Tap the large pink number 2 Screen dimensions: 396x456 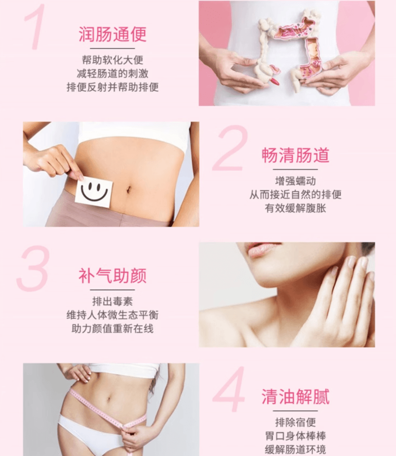(230, 148)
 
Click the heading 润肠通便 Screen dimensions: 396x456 (112, 34)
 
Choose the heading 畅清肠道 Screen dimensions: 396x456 (295, 155)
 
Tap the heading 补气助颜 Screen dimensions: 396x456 (112, 276)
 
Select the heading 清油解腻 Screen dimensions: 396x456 (295, 397)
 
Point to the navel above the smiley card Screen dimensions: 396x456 (128, 190)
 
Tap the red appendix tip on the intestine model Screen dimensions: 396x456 (275, 81)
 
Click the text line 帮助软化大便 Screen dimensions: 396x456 (112, 60)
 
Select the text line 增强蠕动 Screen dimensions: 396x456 (295, 181)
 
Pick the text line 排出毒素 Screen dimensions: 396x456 (112, 301)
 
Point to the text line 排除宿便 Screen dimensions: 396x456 (295, 422)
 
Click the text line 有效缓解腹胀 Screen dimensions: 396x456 (295, 208)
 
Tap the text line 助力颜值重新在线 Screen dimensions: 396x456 (112, 329)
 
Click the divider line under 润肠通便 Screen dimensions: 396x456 (112, 48)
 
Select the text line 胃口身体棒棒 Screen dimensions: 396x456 (295, 436)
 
